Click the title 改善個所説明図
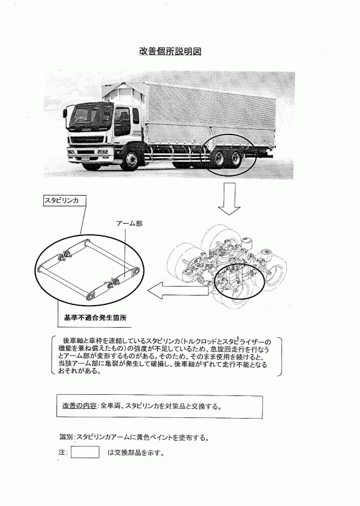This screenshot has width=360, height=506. coord(170,51)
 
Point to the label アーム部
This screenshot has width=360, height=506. coord(129,224)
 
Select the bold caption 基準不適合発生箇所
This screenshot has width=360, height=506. coord(95,318)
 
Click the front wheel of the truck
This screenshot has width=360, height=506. coord(131,159)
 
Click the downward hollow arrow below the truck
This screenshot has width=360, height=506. coord(229,199)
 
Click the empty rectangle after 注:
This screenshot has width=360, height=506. coord(85,452)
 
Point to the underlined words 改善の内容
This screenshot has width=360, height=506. coord(79,406)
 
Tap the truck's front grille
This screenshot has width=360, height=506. coord(87,140)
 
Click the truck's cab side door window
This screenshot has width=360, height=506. coord(123,122)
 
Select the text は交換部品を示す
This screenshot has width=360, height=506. coord(135,452)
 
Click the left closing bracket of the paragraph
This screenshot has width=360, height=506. coord(54,356)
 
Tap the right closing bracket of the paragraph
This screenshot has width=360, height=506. coord(279,357)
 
